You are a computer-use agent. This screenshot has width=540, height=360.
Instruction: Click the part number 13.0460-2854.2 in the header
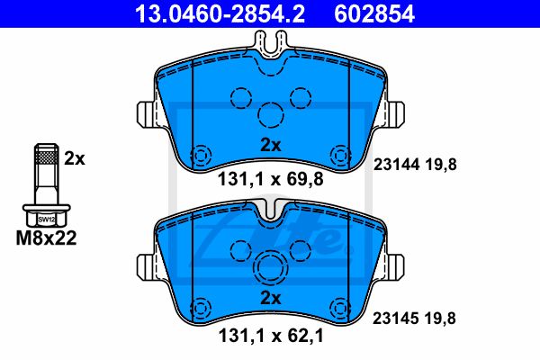tap(220, 13)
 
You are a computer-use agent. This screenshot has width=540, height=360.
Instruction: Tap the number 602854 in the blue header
tap(374, 13)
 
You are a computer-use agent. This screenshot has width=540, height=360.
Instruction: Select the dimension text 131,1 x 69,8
tap(271, 179)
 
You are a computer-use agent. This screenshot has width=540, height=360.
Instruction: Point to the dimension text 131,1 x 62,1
tap(271, 336)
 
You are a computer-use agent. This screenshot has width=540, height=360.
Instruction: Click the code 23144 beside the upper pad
tap(396, 165)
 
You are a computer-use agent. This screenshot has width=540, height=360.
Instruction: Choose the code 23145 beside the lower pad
tap(395, 319)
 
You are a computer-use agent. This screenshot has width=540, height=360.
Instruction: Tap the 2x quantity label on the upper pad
tap(271, 146)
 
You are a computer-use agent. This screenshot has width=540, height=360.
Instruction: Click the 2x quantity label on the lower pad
tap(271, 298)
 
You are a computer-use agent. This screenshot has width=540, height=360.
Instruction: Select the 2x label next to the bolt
tap(75, 158)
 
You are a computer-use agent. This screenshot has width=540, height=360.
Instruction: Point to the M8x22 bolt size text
tap(46, 238)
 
